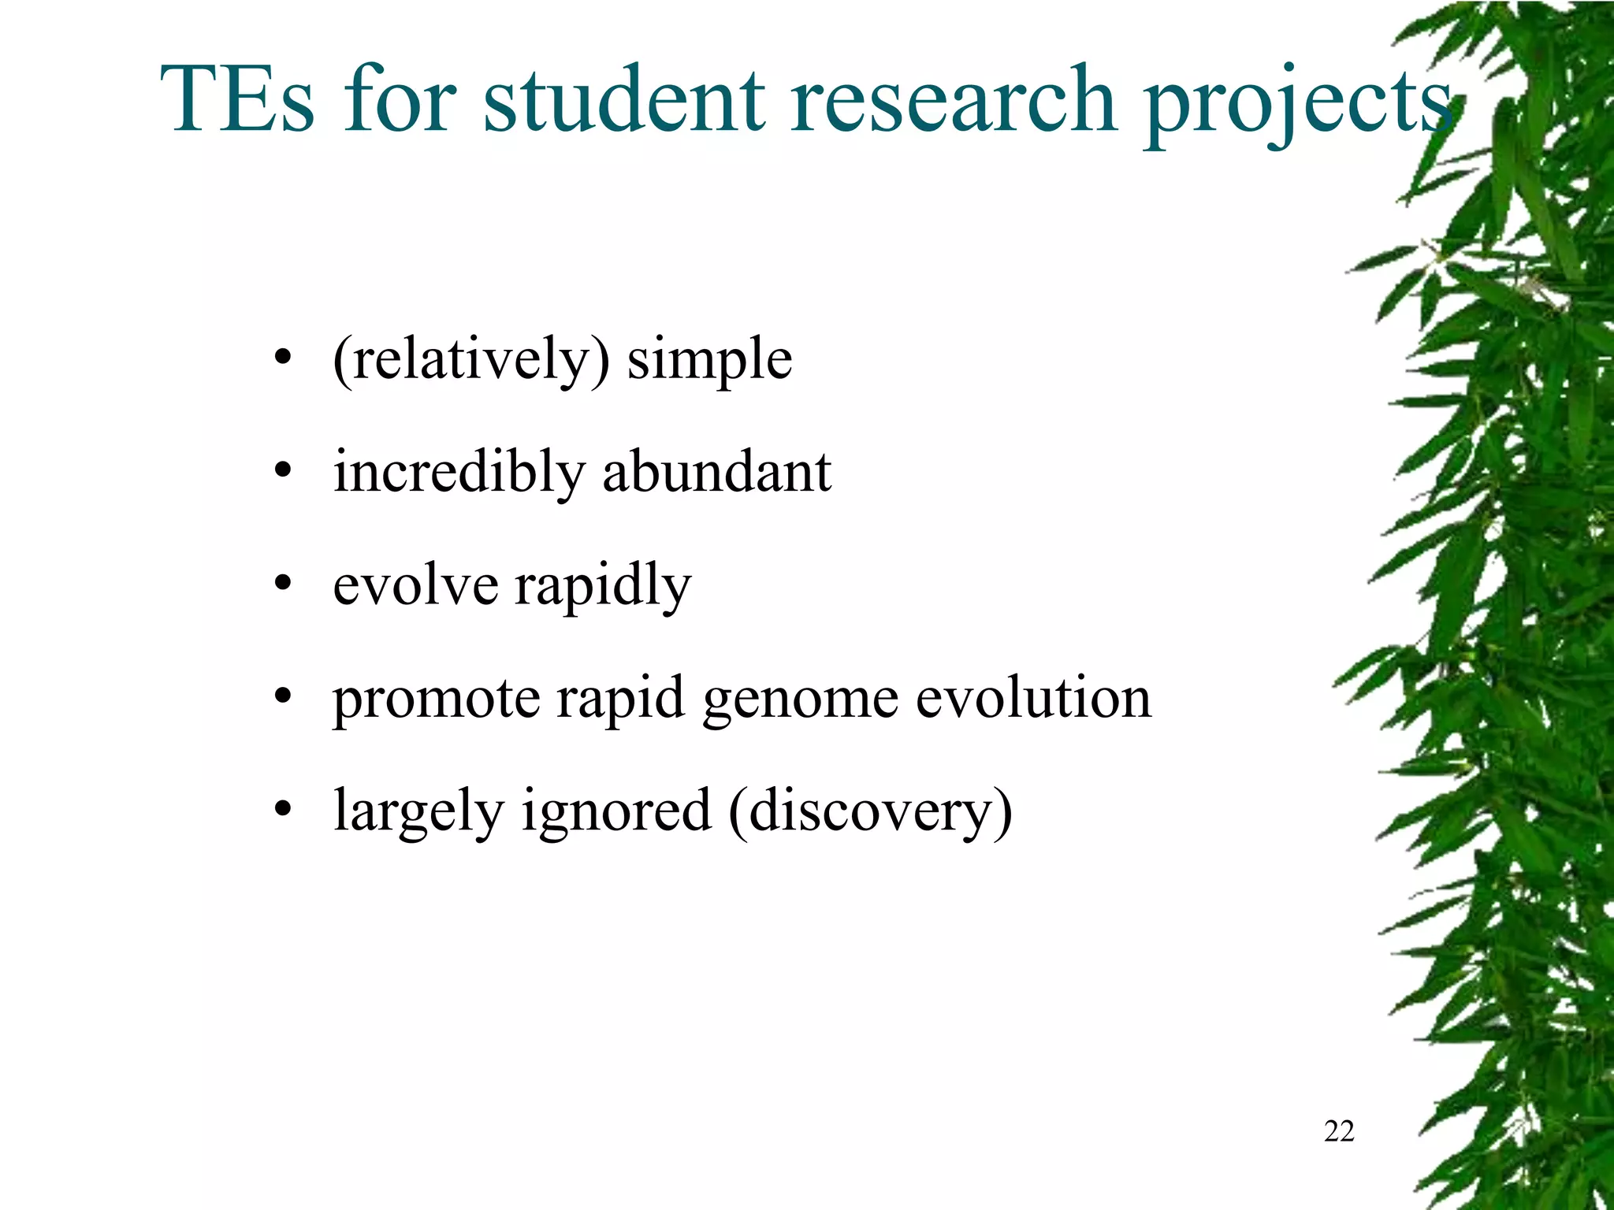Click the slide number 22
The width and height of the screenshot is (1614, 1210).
coord(1339,1131)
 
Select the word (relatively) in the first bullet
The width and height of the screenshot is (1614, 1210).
coord(471,360)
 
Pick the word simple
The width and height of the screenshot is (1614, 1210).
coord(709,360)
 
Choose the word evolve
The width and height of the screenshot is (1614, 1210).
coord(415,585)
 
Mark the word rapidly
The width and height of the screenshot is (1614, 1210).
coord(603,586)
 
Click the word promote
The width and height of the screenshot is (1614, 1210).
coord(437,700)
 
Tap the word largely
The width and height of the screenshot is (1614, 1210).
coord(418,811)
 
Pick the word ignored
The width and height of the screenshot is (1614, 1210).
coord(615,811)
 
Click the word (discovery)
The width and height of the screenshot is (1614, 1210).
coord(870,811)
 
